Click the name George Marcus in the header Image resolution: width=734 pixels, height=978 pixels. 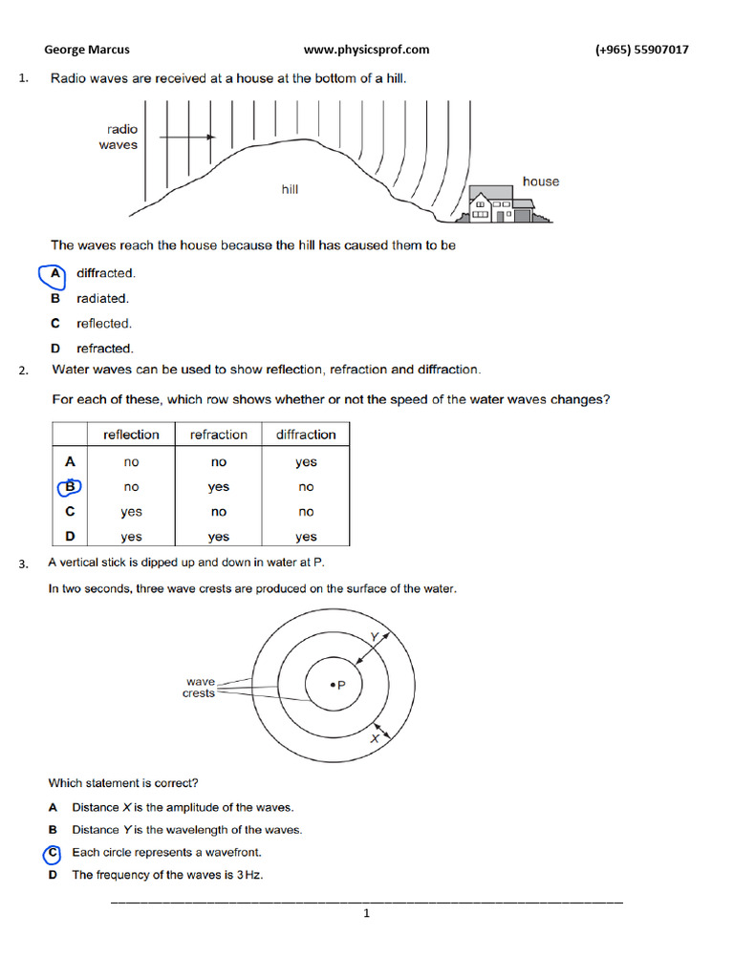pyautogui.click(x=87, y=50)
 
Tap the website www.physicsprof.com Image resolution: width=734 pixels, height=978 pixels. pyautogui.click(x=366, y=50)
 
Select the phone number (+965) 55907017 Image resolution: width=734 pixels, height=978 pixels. pyautogui.click(x=641, y=50)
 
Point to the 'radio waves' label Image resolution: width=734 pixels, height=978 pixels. pyautogui.click(x=119, y=138)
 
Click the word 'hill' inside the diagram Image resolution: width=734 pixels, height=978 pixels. pyautogui.click(x=290, y=189)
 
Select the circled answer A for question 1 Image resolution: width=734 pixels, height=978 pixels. pyautogui.click(x=54, y=273)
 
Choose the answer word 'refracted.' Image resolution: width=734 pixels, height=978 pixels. pyautogui.click(x=105, y=349)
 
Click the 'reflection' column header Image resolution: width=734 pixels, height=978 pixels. pyautogui.click(x=131, y=435)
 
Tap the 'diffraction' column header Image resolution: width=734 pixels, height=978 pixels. pyautogui.click(x=306, y=435)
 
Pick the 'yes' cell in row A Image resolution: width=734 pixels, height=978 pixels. pyautogui.click(x=306, y=462)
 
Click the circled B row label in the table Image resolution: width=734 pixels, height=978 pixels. pyautogui.click(x=70, y=487)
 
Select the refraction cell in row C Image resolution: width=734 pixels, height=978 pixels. pyautogui.click(x=219, y=512)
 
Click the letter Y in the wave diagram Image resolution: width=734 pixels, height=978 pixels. pyautogui.click(x=374, y=636)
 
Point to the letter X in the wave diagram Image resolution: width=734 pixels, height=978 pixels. pyautogui.click(x=375, y=738)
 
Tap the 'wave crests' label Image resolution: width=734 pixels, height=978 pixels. pyautogui.click(x=200, y=688)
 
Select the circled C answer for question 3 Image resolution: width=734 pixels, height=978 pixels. pyautogui.click(x=54, y=852)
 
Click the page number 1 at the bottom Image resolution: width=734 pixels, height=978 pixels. pyautogui.click(x=366, y=914)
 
